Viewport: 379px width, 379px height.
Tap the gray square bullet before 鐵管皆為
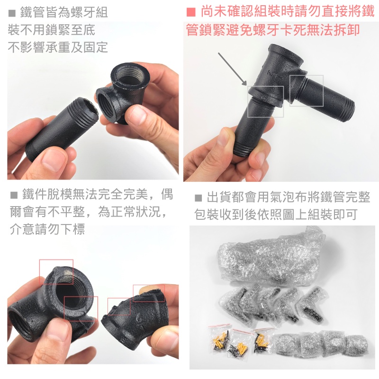click(x=12, y=13)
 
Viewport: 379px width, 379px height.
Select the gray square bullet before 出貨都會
click(x=199, y=198)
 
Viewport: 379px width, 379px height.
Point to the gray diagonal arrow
click(x=232, y=69)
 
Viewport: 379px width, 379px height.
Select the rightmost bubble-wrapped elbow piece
click(x=314, y=304)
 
